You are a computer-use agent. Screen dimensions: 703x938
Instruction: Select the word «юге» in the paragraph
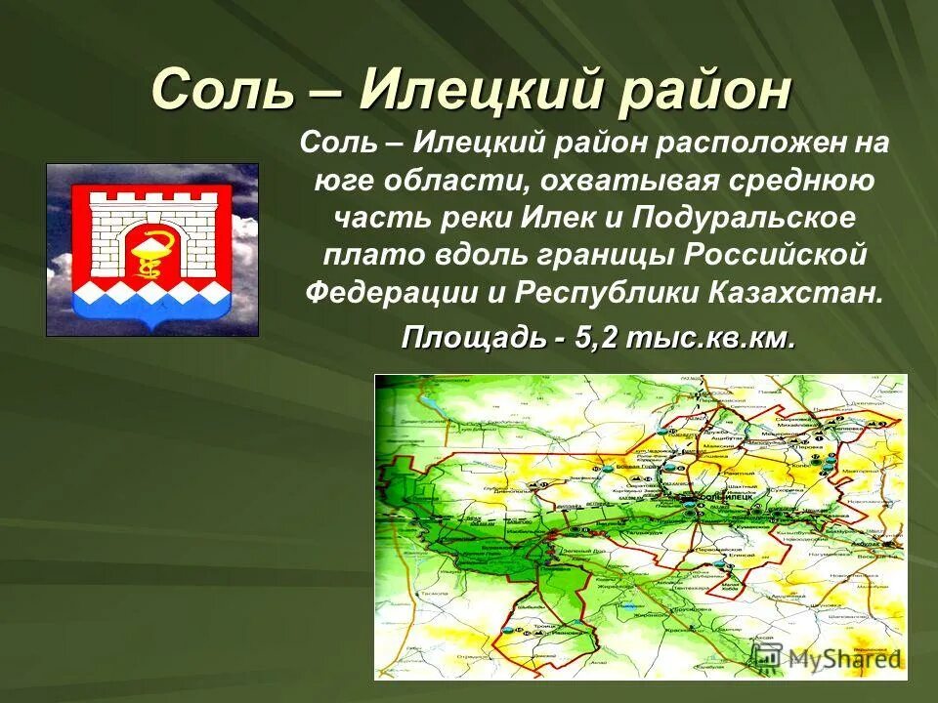coord(342,180)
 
